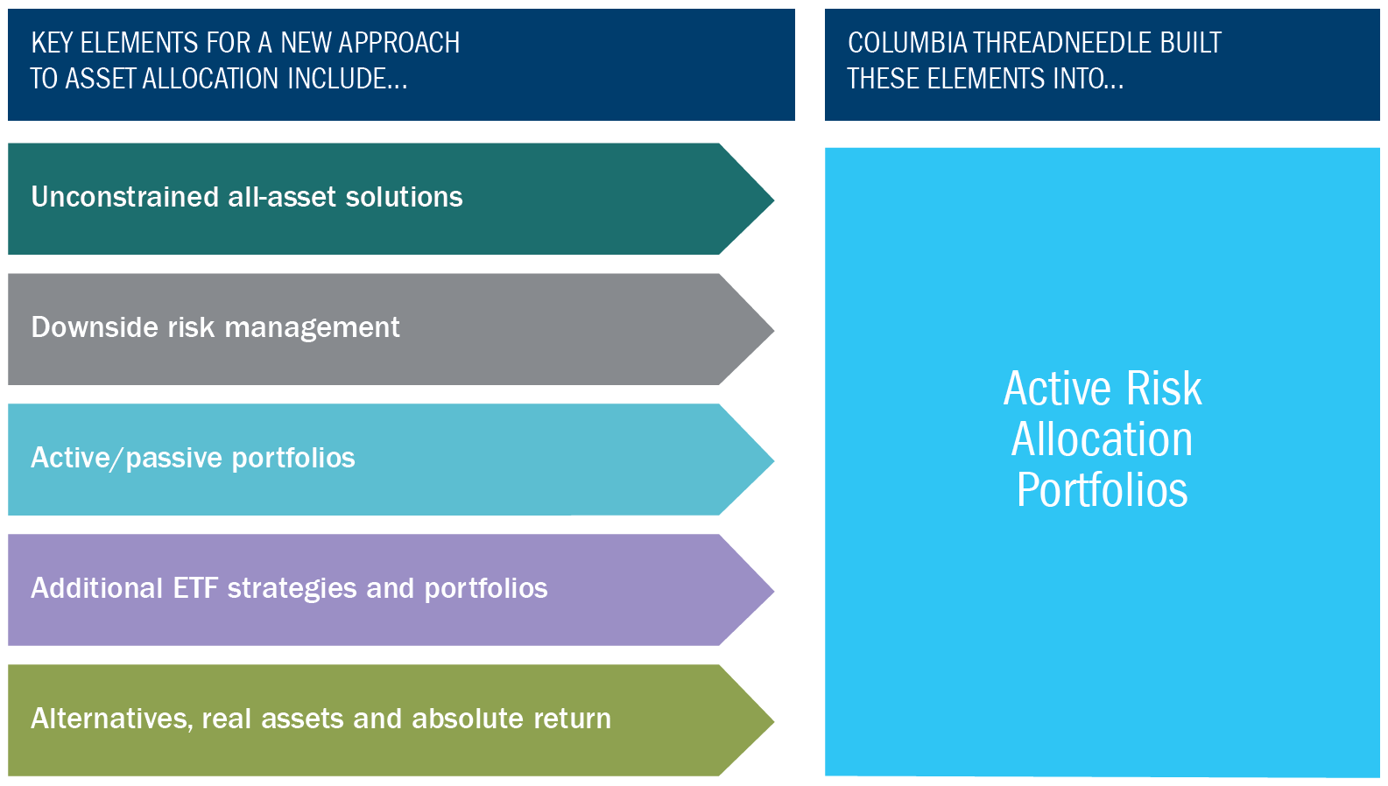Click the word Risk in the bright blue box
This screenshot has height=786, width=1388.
(1164, 389)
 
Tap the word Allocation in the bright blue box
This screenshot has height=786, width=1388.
(1102, 439)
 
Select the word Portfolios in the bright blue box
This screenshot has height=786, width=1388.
(1102, 490)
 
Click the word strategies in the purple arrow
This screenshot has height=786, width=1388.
(292, 589)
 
